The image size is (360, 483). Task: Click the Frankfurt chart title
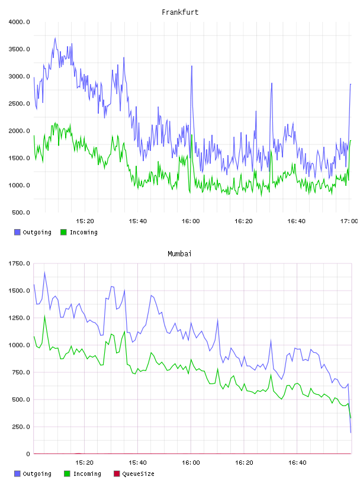point(180,12)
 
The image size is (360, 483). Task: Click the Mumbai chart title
point(179,254)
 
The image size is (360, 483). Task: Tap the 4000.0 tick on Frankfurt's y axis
point(19,22)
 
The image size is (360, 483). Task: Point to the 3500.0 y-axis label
point(19,49)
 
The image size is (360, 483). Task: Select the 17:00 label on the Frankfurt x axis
point(349,221)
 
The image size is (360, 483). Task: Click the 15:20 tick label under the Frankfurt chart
point(85,221)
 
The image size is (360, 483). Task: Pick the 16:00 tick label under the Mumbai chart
point(191,462)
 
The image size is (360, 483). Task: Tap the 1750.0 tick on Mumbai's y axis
point(19,263)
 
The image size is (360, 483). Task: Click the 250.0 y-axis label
point(21,427)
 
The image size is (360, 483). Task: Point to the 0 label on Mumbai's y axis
point(28,454)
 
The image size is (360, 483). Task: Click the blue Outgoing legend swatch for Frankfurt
point(17,232)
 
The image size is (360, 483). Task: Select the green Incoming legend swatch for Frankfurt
point(63,232)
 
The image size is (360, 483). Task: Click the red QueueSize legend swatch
point(117,474)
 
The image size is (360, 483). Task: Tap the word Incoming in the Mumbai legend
point(87,474)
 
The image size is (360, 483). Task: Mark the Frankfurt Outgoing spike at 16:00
point(192,66)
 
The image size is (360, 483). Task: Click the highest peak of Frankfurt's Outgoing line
point(55,38)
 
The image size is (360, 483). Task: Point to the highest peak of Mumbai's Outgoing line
point(44,272)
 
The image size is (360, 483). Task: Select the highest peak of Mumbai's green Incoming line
point(44,315)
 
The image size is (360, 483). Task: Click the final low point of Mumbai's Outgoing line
point(351,432)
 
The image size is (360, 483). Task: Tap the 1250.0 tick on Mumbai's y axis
point(19,318)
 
